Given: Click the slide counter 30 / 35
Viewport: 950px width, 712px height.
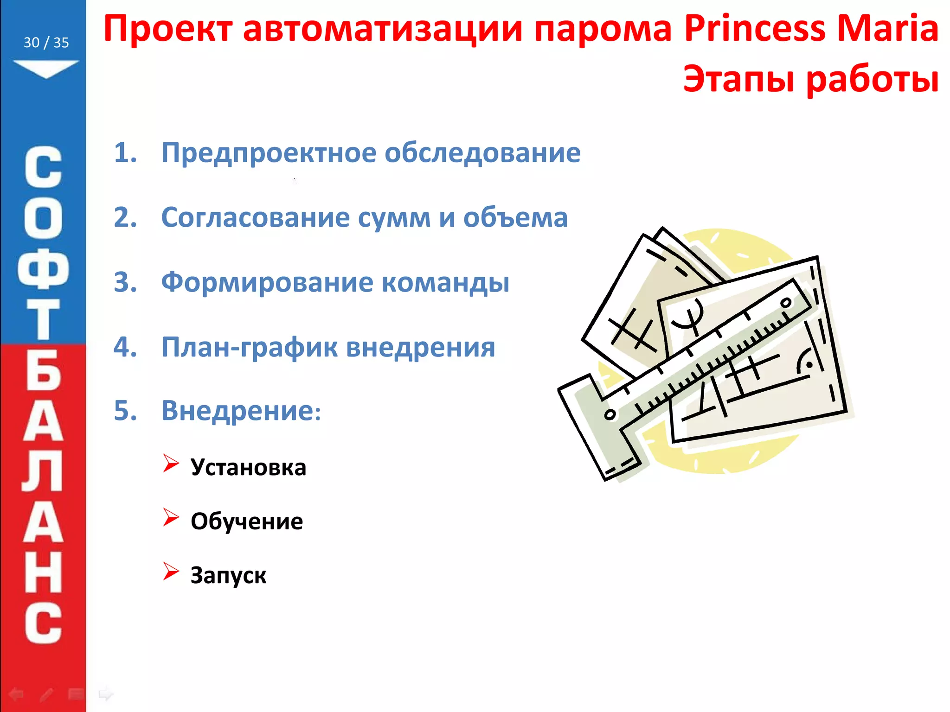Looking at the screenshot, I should (46, 43).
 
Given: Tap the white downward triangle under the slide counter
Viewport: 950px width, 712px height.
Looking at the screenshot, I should (46, 69).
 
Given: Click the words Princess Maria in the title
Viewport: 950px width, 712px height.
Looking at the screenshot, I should (811, 29).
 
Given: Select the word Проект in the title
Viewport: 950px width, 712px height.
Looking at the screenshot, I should (167, 29).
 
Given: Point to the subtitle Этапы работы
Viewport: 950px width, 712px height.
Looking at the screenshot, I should (811, 79).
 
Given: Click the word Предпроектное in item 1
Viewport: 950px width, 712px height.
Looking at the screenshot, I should (269, 153).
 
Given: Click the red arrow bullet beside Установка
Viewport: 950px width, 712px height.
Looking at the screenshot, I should (170, 463).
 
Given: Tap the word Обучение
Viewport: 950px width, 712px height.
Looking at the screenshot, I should (247, 521).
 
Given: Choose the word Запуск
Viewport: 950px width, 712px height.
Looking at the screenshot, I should (228, 575).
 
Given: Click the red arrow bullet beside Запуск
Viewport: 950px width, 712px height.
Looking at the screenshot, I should (170, 571).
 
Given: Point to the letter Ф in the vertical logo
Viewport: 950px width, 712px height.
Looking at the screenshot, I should (43, 269).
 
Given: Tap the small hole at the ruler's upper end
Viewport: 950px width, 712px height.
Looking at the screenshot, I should (786, 303).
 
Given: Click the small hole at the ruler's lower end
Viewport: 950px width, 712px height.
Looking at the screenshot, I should (610, 414).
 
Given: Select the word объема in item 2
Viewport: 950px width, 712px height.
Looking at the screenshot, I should (515, 217).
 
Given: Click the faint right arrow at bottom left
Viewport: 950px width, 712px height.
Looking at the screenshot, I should (106, 694).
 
